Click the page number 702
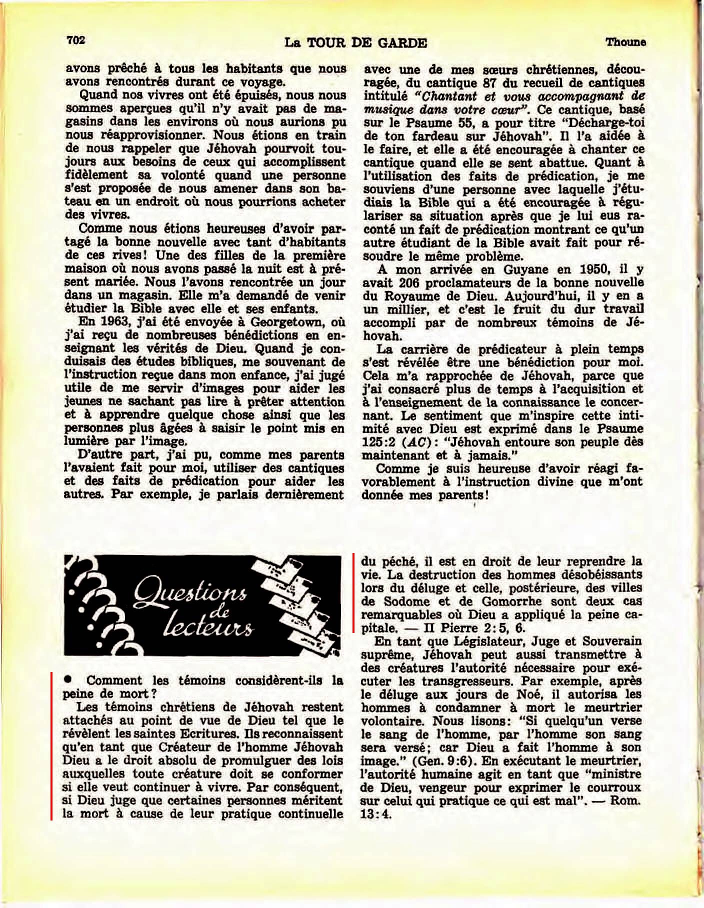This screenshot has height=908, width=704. click(x=76, y=40)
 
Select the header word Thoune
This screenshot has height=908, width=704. click(x=625, y=42)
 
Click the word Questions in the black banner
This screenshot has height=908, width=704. click(x=190, y=594)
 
